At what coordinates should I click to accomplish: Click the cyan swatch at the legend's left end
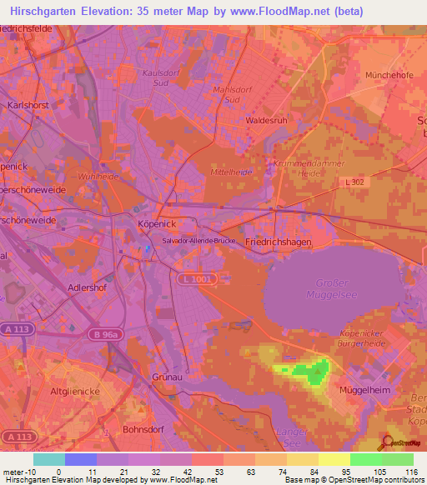pyautogui.click(x=49, y=459)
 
